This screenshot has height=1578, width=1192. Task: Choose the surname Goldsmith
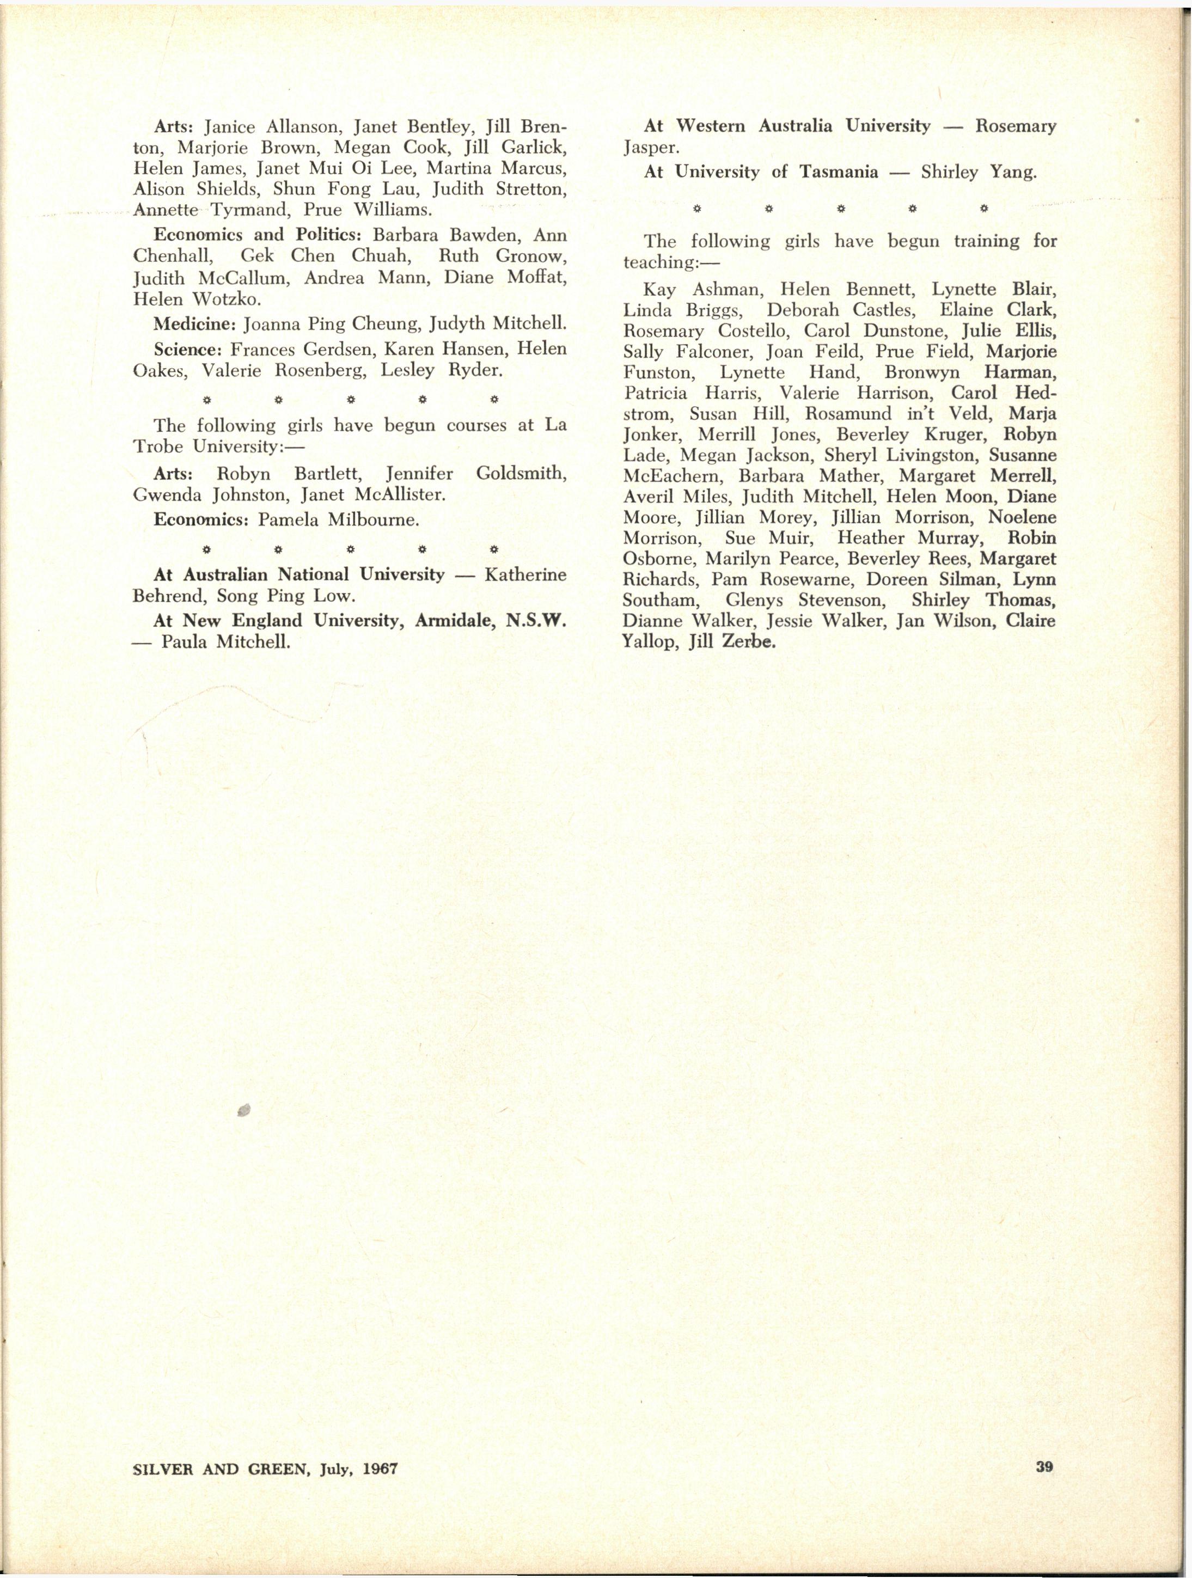[x=521, y=474]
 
